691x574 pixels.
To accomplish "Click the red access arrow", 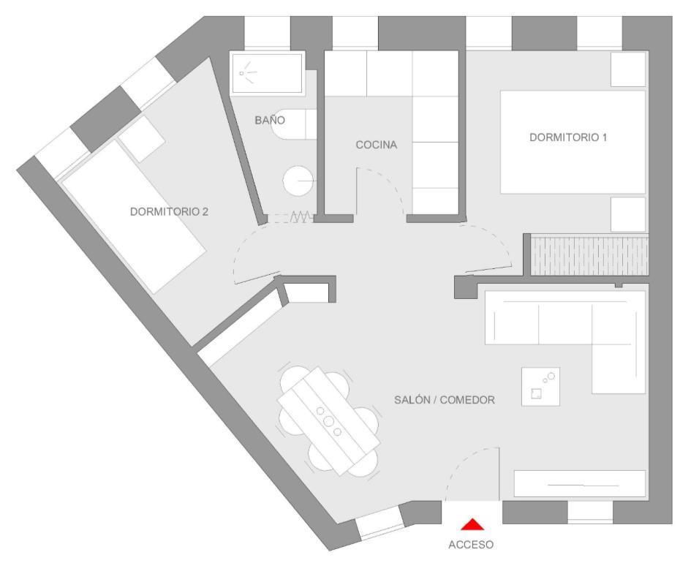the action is pos(473,524).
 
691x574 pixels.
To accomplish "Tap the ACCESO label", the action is pos(471,545).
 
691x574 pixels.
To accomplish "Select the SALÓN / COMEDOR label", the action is pos(445,400).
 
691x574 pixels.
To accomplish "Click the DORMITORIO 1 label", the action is pos(568,137).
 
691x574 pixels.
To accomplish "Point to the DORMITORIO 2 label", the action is pos(169,212).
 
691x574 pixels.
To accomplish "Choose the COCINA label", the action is pos(376,145).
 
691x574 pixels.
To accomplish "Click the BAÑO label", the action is pos(269,120).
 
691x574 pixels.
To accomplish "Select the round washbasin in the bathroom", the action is pos(298,180).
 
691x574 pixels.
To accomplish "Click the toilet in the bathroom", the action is pos(292,126).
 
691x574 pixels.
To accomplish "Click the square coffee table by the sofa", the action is pos(540,386).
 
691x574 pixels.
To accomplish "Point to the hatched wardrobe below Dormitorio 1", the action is pos(589,255).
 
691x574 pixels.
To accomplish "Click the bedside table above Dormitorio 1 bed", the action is pos(628,69).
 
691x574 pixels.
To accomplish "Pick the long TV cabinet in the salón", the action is pos(580,484).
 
